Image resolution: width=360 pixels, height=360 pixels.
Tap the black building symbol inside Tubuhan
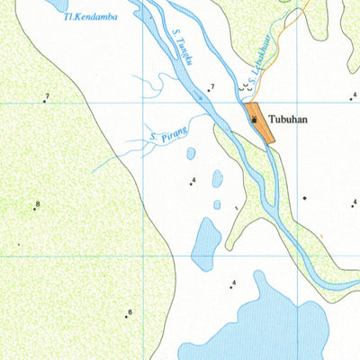tap(255, 119)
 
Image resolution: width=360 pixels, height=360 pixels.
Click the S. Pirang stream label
tap(168, 136)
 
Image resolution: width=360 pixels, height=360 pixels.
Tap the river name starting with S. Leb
tap(259, 70)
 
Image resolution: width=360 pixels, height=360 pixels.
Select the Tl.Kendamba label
tap(90, 16)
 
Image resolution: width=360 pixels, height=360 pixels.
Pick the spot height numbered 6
tap(127, 315)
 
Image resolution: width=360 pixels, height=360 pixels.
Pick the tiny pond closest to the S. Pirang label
tap(191, 154)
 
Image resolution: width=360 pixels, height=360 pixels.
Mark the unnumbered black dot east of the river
tap(305, 197)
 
